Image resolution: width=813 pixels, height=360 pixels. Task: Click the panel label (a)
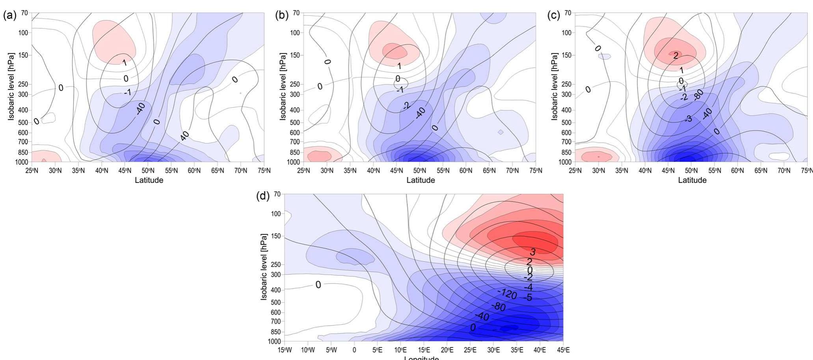(10, 16)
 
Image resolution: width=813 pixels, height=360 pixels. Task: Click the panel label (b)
(281, 16)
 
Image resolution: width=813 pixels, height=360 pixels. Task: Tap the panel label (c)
(554, 16)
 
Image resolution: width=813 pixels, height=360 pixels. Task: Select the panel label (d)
(263, 196)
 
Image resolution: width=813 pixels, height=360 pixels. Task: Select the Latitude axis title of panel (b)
(420, 180)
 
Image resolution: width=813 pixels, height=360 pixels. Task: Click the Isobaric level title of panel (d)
(264, 267)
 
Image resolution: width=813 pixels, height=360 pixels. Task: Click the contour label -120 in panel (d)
(507, 293)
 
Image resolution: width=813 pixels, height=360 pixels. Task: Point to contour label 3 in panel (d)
(532, 252)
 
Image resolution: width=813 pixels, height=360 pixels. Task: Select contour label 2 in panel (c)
(675, 56)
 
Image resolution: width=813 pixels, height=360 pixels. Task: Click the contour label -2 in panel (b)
(406, 105)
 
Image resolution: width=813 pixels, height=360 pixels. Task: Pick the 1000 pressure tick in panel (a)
(22, 162)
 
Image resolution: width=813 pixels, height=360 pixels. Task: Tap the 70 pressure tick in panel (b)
(296, 13)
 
